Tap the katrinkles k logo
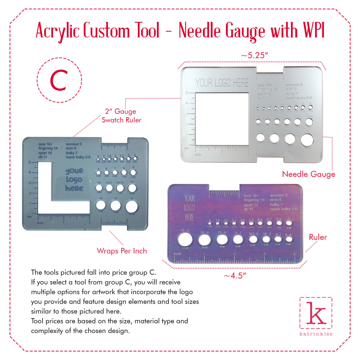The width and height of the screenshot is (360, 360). pyautogui.click(x=316, y=313)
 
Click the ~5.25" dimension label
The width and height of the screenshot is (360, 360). pyautogui.click(x=254, y=55)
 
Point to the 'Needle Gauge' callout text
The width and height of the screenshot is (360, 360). pyautogui.click(x=308, y=174)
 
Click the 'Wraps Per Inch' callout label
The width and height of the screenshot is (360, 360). pyautogui.click(x=122, y=251)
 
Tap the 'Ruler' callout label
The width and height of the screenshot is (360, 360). pyautogui.click(x=318, y=237)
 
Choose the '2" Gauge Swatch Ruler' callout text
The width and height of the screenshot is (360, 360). pyautogui.click(x=121, y=115)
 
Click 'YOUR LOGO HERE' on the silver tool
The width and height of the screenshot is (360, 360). pyautogui.click(x=222, y=83)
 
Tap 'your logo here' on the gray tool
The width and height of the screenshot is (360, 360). pyautogui.click(x=74, y=179)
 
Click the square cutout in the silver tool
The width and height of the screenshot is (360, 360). pyautogui.click(x=222, y=118)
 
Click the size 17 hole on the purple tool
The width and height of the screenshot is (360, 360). pyautogui.click(x=185, y=240)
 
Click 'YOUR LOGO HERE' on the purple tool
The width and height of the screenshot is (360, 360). pyautogui.click(x=189, y=208)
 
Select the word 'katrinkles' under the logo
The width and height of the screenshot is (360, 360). pyautogui.click(x=316, y=334)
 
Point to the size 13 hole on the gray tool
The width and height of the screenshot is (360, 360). pyautogui.click(x=101, y=205)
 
